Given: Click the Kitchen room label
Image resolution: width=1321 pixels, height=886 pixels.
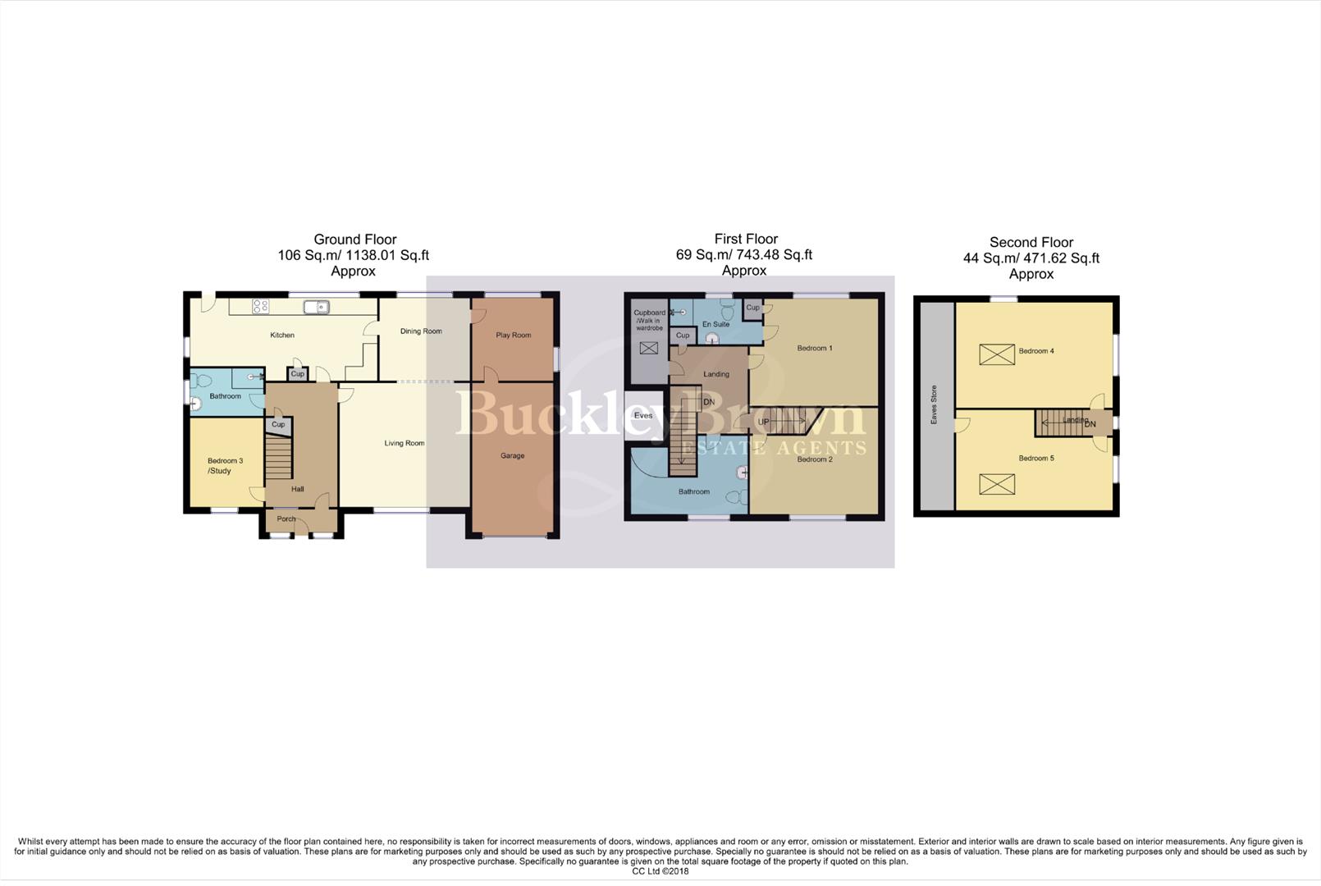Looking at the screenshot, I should tap(282, 336).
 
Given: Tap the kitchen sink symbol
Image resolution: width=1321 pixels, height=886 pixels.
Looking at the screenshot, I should tap(317, 307).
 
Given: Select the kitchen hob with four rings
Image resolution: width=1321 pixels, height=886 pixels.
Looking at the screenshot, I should tap(260, 307).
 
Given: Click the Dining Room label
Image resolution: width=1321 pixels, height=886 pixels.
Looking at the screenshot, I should tap(421, 331).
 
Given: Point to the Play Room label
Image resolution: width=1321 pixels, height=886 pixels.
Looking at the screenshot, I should tap(514, 336).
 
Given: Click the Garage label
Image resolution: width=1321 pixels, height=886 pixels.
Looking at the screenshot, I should tap(512, 456).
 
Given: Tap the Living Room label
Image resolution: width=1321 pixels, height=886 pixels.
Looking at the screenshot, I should tap(405, 444).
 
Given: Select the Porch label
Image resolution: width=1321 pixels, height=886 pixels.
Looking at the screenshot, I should tap(286, 519).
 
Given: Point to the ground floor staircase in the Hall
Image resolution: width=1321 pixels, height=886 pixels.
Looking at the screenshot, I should tap(279, 458).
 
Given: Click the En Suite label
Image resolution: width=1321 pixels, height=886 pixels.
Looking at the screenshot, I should tap(715, 325).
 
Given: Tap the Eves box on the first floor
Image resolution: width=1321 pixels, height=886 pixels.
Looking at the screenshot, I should tap(644, 416).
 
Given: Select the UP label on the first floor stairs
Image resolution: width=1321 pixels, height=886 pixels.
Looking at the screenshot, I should tap(763, 422).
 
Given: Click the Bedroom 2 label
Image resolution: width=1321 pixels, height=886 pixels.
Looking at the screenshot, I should tap(815, 460).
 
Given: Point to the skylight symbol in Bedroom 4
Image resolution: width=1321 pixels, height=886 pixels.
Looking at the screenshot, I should tap(997, 354).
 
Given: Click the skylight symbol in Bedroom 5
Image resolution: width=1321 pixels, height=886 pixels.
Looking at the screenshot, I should tap(997, 484).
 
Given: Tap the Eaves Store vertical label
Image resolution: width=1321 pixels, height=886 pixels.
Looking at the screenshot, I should tap(934, 404).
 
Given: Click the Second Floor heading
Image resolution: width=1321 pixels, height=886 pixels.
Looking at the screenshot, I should tap(1031, 243).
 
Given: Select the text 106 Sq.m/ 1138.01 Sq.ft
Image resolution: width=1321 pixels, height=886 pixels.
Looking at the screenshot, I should tap(353, 255).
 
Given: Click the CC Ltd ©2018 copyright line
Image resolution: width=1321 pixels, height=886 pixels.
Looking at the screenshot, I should tap(660, 871).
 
